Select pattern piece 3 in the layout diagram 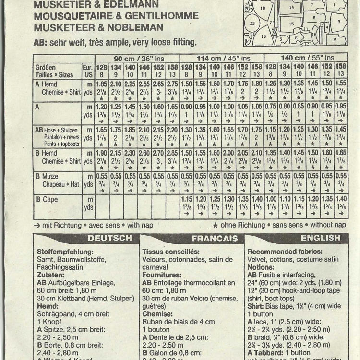(x=338, y=22)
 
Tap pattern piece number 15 (x=291, y=23)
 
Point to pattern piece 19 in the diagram (x=264, y=36)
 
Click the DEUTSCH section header (x=110, y=238)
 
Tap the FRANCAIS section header (x=215, y=238)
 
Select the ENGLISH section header (x=320, y=238)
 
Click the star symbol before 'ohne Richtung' (x=216, y=224)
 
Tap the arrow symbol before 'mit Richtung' (x=37, y=224)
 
